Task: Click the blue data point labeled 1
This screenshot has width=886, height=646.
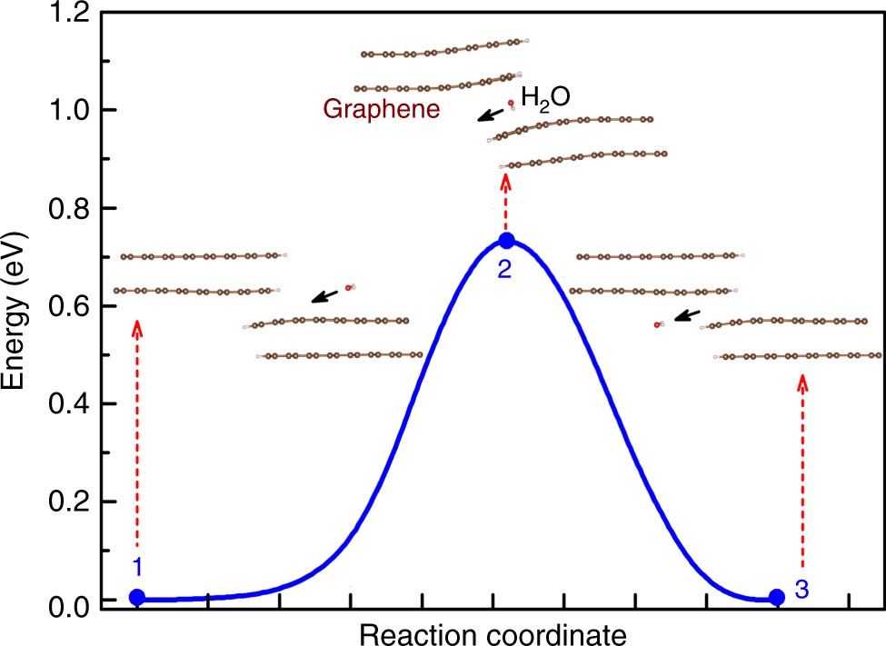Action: coord(136,597)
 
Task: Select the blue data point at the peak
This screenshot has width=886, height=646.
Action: coord(507,240)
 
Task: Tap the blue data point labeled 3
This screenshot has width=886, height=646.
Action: coord(777,597)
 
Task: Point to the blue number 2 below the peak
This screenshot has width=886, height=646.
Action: coord(505,268)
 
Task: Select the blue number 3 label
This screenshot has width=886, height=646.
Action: coord(801,589)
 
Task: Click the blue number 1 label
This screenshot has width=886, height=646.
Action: coord(136,568)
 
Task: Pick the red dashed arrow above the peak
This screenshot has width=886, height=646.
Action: coord(505,200)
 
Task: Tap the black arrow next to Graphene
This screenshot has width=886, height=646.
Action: coord(492,114)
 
